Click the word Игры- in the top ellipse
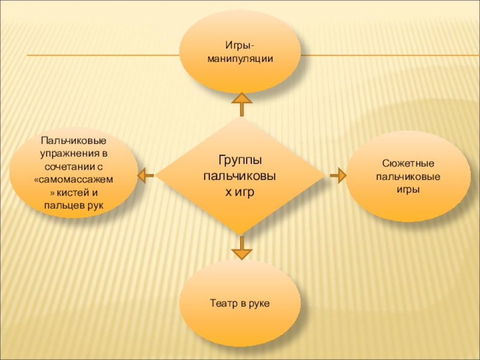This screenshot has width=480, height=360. [x=239, y=46]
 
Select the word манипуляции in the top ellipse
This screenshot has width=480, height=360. [x=239, y=59]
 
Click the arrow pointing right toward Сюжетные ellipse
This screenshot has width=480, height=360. [x=338, y=175]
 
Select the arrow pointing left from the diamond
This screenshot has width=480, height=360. [x=145, y=175]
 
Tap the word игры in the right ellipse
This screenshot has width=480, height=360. [x=408, y=190]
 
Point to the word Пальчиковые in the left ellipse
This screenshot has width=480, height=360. [x=74, y=140]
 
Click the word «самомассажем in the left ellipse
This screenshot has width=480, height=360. [x=74, y=179]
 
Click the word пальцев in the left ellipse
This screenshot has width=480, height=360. [x=64, y=206]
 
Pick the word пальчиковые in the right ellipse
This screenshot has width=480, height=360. [x=408, y=177]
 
